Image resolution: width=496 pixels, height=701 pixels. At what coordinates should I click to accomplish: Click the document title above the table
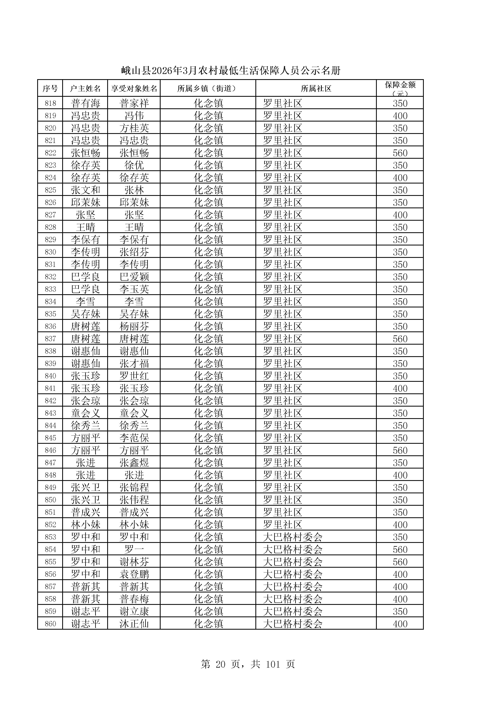click(231, 71)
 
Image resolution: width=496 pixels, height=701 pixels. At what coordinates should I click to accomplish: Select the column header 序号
click(50, 89)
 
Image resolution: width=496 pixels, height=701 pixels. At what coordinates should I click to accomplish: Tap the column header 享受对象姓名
click(134, 89)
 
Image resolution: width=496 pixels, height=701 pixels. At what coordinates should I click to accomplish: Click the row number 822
click(50, 153)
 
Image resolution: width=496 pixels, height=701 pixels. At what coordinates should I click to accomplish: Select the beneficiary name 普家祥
click(134, 103)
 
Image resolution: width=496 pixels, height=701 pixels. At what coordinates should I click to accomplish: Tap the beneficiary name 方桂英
click(134, 128)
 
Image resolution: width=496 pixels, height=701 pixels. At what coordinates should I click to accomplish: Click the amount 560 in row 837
click(400, 339)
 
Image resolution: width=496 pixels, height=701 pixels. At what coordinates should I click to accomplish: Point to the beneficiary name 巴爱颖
click(134, 277)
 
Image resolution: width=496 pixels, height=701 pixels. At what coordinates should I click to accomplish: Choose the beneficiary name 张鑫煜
click(134, 463)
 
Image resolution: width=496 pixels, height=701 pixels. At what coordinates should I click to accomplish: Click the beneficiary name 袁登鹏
click(134, 574)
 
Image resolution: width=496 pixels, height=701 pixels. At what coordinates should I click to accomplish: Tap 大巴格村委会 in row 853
click(293, 537)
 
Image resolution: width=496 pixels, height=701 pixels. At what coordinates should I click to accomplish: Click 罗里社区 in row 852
click(283, 525)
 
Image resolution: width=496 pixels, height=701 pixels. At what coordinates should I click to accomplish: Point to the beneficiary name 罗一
click(134, 549)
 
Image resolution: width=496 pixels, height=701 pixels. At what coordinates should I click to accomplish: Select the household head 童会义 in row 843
click(86, 413)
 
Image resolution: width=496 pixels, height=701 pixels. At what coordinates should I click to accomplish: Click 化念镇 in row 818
click(208, 103)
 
